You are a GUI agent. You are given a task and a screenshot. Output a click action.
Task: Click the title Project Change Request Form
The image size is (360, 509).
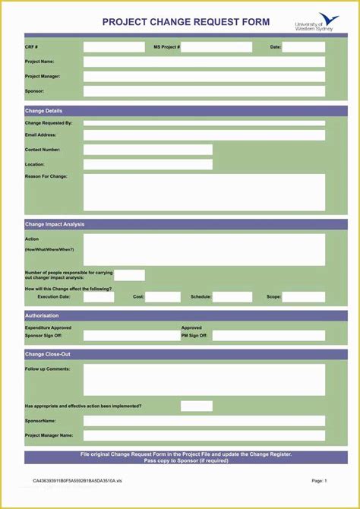pos(186,23)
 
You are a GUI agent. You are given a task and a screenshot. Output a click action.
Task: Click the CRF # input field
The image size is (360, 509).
pos(114,47)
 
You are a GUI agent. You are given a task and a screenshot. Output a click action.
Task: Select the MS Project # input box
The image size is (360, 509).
pos(216,47)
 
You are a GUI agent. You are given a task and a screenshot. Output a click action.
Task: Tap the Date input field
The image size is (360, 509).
pos(304,47)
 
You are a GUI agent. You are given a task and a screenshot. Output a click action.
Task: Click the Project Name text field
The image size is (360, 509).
pos(204,62)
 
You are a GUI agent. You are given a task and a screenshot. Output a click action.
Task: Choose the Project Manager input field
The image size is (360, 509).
pos(204,77)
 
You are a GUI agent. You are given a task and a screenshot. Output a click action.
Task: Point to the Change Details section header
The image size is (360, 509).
pos(44,111)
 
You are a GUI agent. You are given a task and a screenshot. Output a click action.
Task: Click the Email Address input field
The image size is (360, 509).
pos(204,135)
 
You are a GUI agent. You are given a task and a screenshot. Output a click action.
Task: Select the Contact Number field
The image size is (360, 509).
pos(147,150)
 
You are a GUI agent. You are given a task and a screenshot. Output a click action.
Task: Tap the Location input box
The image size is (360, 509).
pos(147,164)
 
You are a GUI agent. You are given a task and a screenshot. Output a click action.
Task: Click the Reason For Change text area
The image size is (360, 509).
pos(204,192)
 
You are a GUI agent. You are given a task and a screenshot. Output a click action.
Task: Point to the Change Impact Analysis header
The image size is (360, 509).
pos(55,224)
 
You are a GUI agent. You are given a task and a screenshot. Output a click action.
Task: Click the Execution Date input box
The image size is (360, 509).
pos(99,297)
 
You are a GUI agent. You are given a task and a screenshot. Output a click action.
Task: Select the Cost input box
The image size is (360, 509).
pos(163,297)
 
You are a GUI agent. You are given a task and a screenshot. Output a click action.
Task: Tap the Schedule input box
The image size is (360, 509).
pos(232,297)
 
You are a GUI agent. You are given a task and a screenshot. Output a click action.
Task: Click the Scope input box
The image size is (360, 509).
pos(304,297)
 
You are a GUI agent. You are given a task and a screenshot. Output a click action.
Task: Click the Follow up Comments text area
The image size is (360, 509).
pos(204,379)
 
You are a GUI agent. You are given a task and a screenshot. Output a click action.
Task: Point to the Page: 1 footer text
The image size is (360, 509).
pos(319,480)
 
